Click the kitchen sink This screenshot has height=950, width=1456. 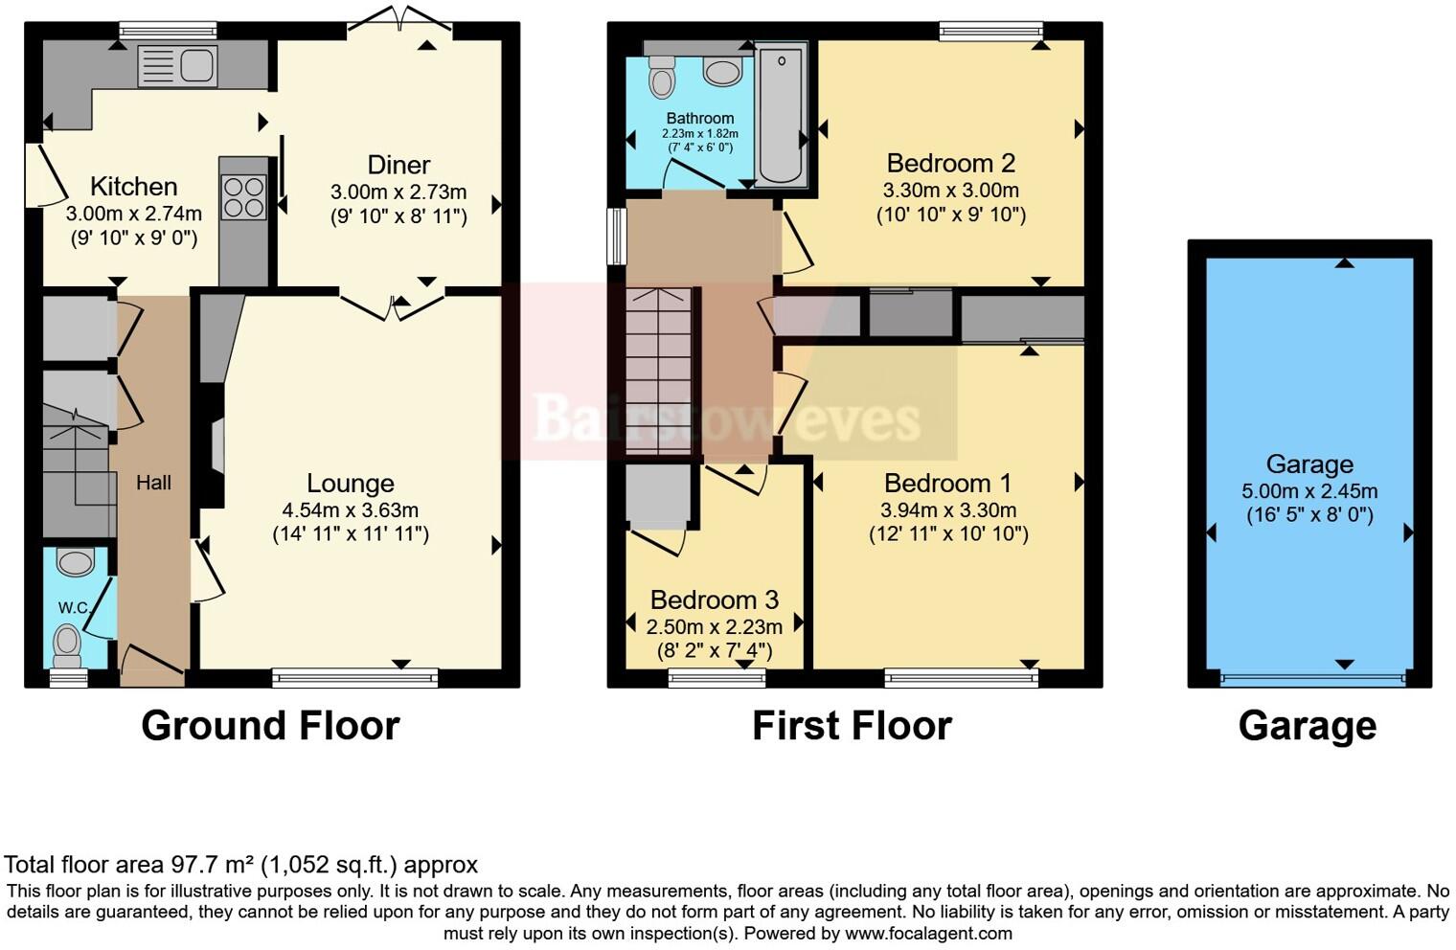pyautogui.click(x=177, y=66)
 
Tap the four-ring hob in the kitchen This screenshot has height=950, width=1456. pyautogui.click(x=243, y=198)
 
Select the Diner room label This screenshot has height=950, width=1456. pyautogui.click(x=398, y=165)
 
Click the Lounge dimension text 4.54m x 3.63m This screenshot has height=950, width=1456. pyautogui.click(x=351, y=509)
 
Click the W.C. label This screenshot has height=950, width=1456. pyautogui.click(x=73, y=607)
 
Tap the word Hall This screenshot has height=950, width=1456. pyautogui.click(x=153, y=483)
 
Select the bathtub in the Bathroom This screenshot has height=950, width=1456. pyautogui.click(x=781, y=113)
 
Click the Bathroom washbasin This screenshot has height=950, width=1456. pyautogui.click(x=722, y=71)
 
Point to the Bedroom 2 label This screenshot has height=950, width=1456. pyautogui.click(x=950, y=163)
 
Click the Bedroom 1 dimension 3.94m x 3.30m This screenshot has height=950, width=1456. pyautogui.click(x=948, y=509)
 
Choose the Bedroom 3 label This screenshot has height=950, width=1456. pyautogui.click(x=714, y=600)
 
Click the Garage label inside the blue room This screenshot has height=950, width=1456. pyautogui.click(x=1309, y=464)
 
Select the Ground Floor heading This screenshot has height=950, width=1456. pyautogui.click(x=270, y=726)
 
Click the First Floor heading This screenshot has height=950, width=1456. pyautogui.click(x=852, y=726)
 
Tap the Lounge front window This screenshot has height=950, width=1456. pyautogui.click(x=354, y=679)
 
